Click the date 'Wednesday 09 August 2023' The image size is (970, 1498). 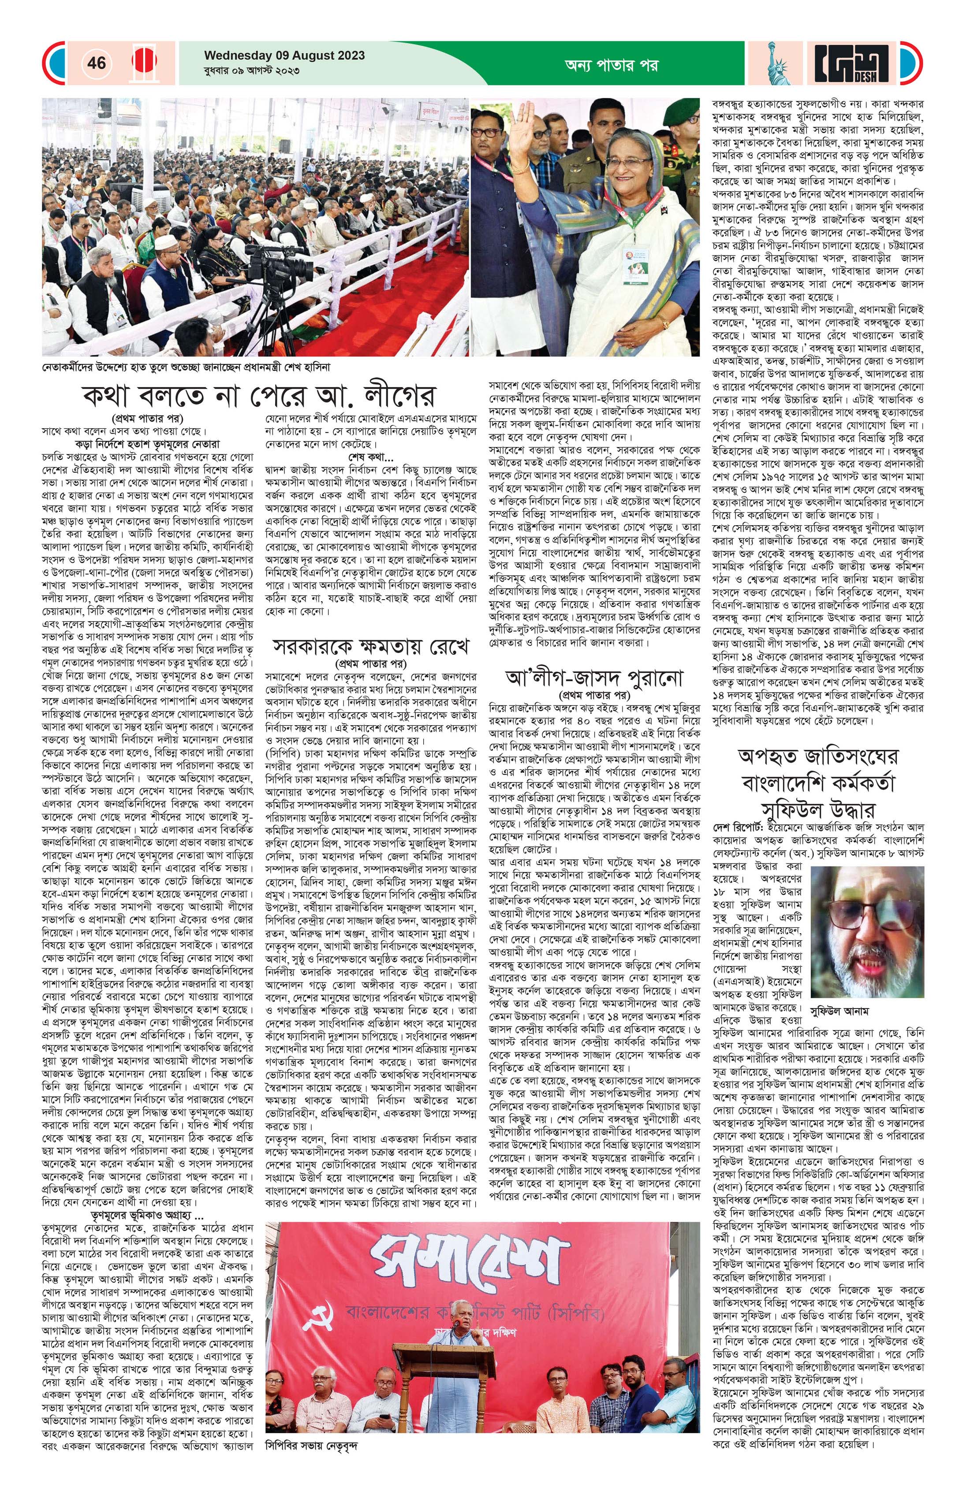click(284, 56)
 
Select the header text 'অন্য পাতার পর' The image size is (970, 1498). click(612, 64)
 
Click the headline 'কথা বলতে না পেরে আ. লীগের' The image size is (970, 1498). click(258, 397)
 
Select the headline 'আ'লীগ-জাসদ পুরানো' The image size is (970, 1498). click(594, 679)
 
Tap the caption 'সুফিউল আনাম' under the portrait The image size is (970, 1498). click(839, 1012)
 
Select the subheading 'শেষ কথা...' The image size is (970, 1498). click(370, 456)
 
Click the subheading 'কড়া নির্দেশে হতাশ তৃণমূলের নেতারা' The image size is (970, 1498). click(148, 443)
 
